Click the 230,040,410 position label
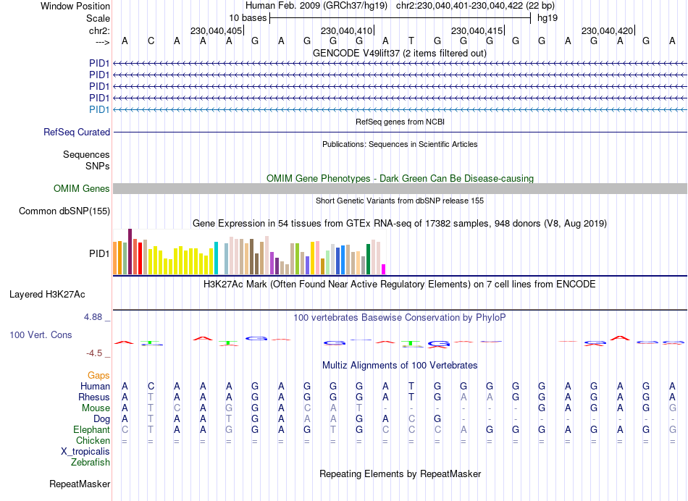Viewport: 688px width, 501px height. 346,30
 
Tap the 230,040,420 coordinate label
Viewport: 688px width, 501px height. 607,30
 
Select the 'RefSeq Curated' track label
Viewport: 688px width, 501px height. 77,132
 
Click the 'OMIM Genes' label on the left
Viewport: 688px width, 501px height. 82,189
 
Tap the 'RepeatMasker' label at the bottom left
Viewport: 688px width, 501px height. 80,484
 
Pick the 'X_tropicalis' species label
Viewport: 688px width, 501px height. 85,452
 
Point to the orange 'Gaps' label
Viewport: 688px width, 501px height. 99,375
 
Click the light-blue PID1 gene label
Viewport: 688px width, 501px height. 99,109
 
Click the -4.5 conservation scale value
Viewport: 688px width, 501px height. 98,353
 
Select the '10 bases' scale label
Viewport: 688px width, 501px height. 248,17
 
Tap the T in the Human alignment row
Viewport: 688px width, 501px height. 411,386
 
